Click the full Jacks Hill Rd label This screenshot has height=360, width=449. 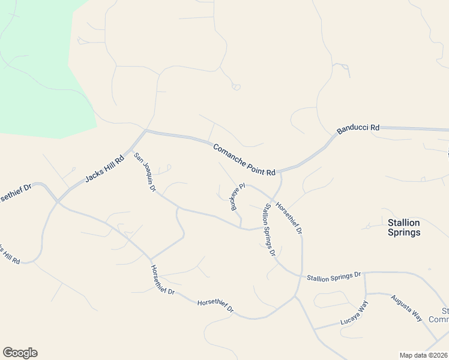pyautogui.click(x=104, y=169)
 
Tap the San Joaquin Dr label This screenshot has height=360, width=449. pyautogui.click(x=145, y=172)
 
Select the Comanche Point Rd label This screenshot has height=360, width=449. pyautogui.click(x=244, y=160)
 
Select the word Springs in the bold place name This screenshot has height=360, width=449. pyautogui.click(x=404, y=232)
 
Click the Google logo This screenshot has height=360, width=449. pyautogui.click(x=20, y=353)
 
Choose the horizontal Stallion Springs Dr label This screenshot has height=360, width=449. pyautogui.click(x=334, y=277)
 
